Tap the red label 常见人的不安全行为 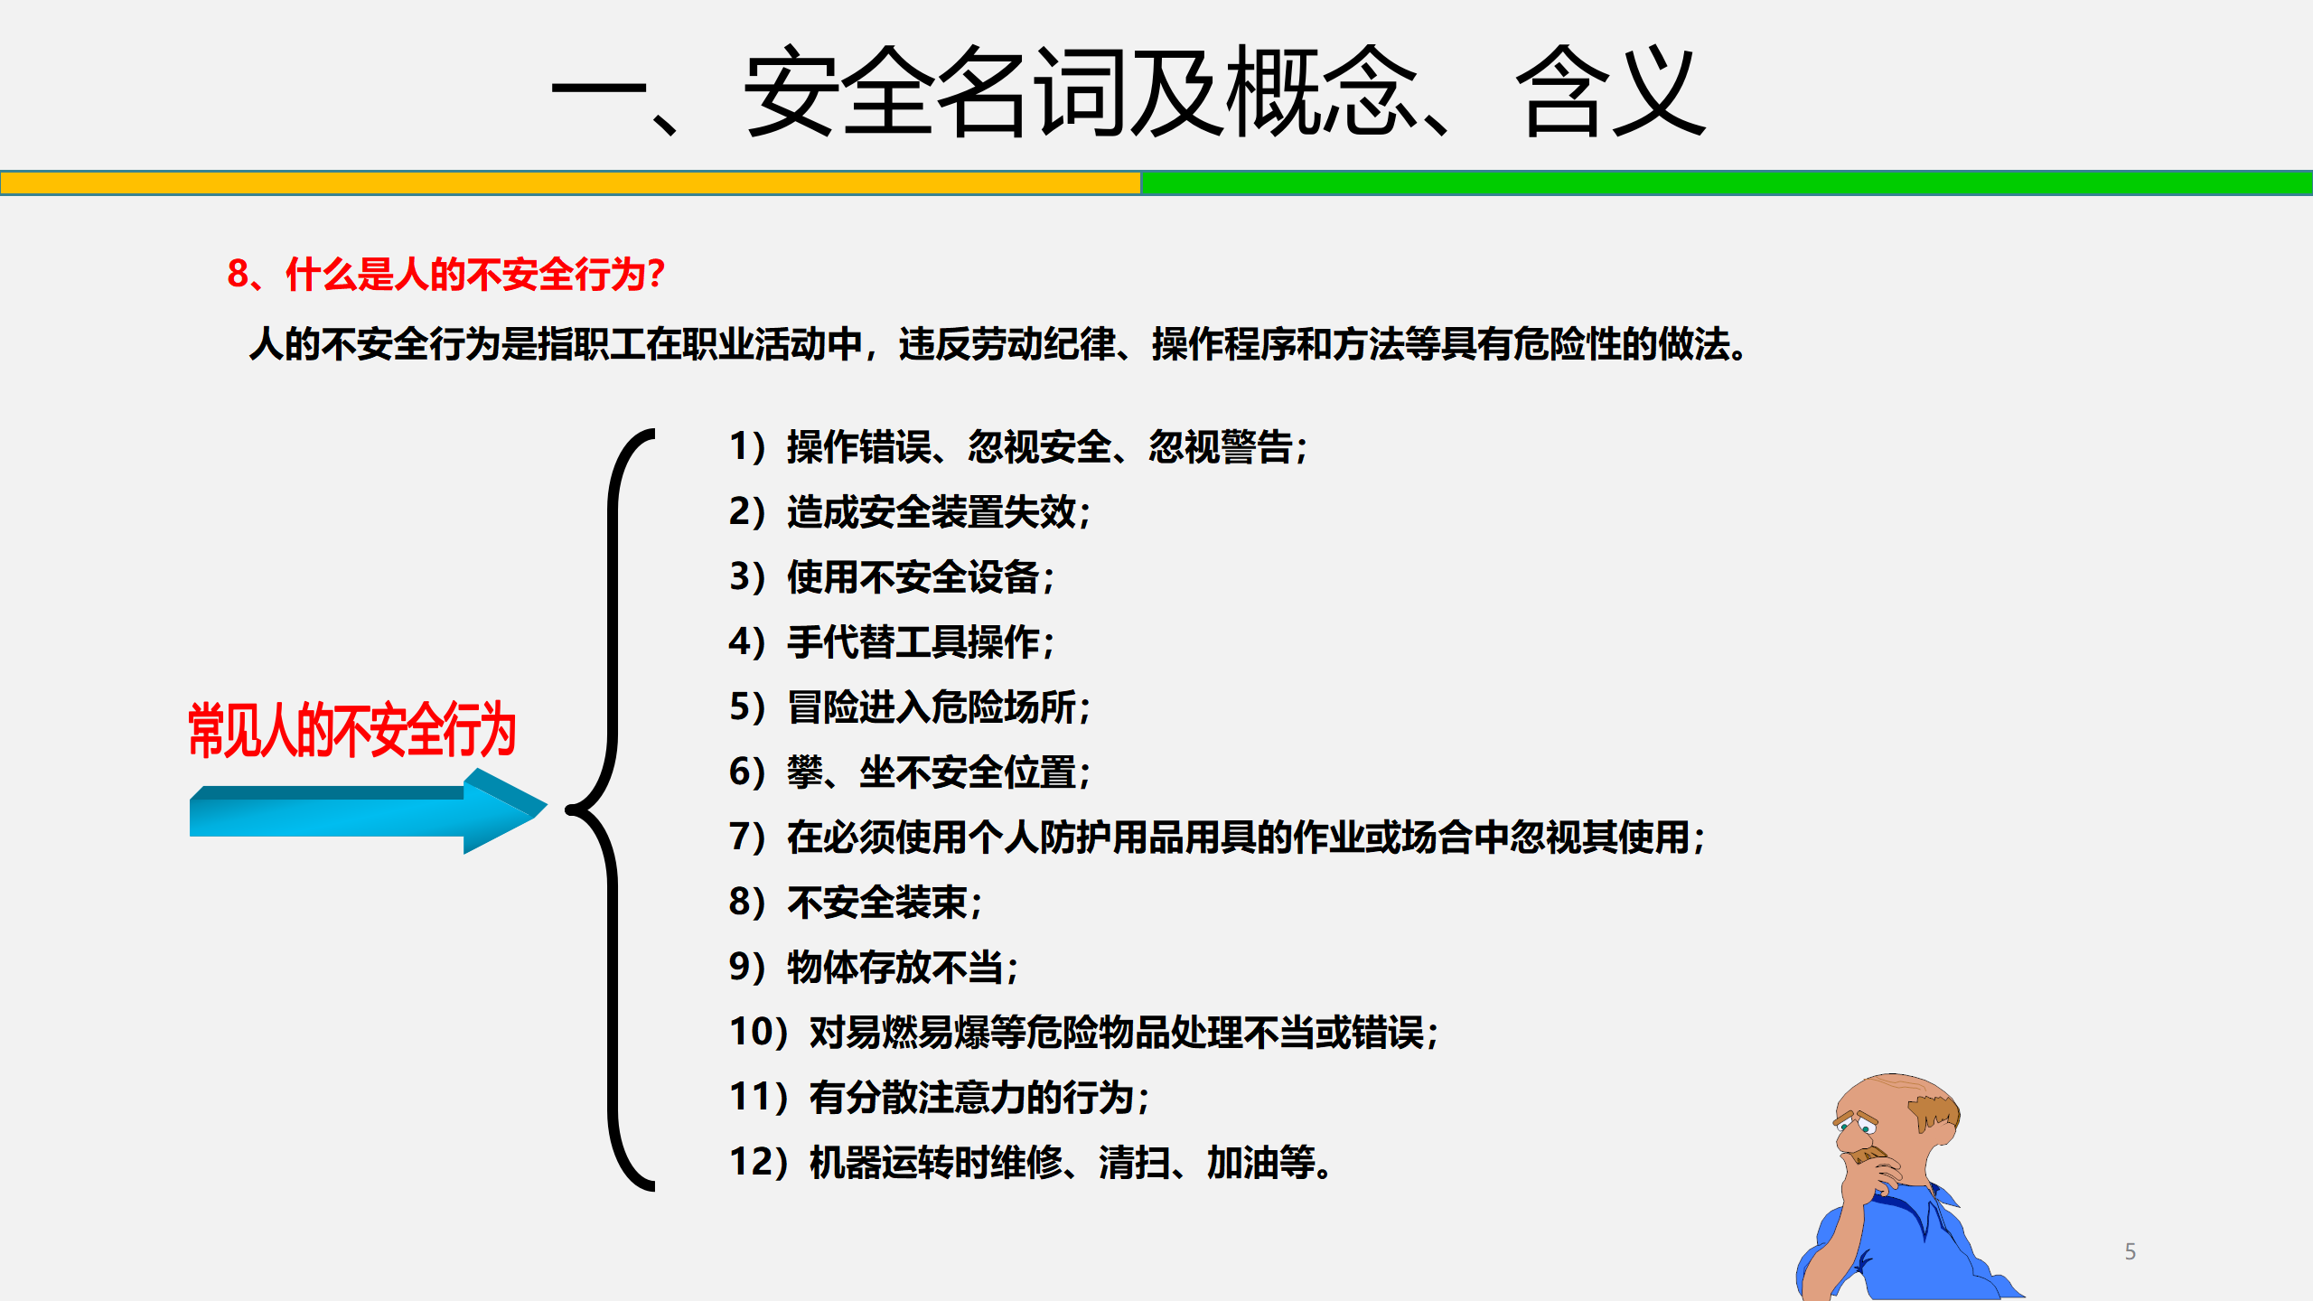click(351, 730)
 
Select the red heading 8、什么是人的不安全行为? click(446, 274)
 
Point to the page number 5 click(2130, 1251)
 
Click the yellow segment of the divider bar click(570, 183)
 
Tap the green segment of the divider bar click(1727, 183)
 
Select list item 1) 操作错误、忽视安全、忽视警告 click(1018, 447)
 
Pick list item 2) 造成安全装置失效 click(910, 512)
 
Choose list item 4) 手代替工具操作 click(892, 642)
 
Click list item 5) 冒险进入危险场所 click(910, 707)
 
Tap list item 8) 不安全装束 click(856, 903)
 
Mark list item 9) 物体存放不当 click(874, 968)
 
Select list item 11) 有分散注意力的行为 click(940, 1098)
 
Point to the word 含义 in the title click(1611, 92)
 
